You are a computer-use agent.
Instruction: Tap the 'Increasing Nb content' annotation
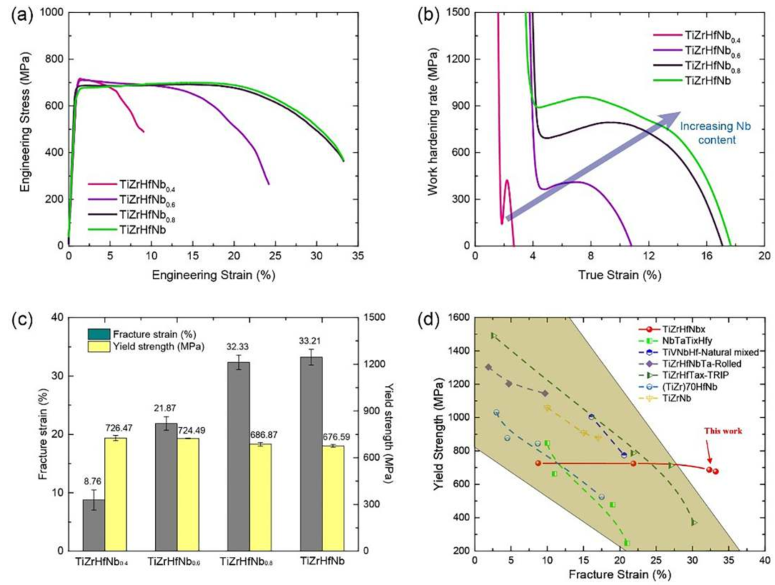[x=708, y=133]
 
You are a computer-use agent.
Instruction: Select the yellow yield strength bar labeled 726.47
[x=116, y=494]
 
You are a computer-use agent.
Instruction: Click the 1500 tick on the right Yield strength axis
[x=373, y=317]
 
